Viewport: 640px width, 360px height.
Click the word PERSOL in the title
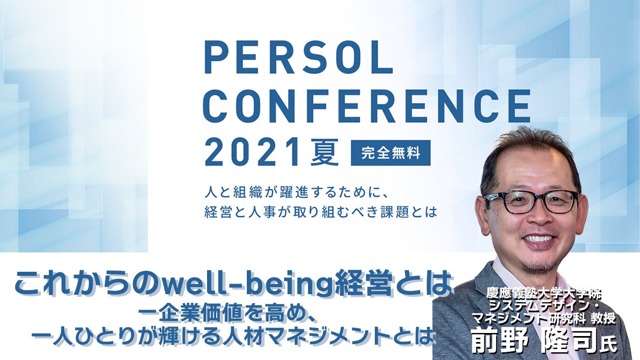(x=298, y=57)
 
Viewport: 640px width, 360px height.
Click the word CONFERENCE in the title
(x=367, y=106)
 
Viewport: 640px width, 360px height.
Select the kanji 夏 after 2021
(x=324, y=152)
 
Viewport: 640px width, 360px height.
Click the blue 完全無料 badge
(x=391, y=153)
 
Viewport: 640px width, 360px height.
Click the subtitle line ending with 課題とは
(x=321, y=212)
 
